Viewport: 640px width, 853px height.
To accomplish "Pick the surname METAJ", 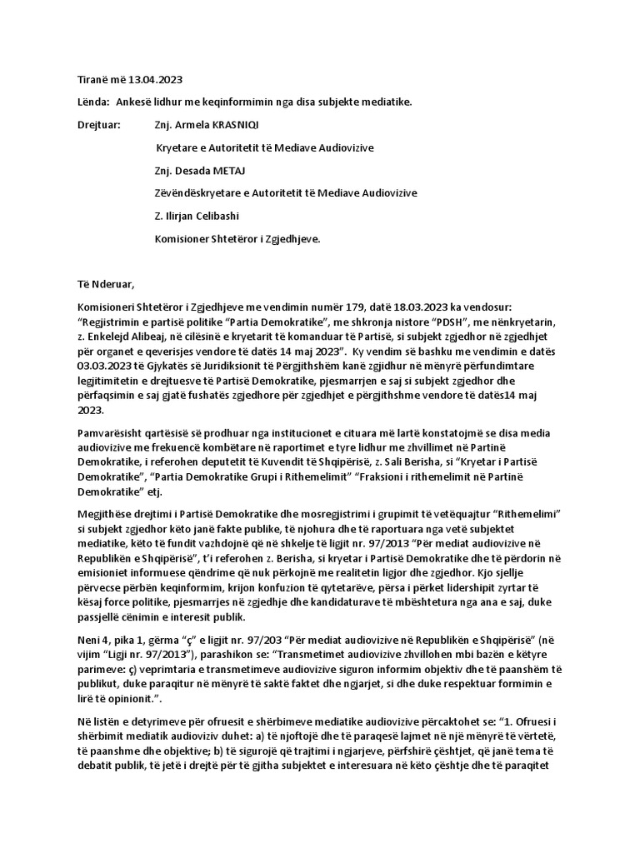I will tap(242, 170).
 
